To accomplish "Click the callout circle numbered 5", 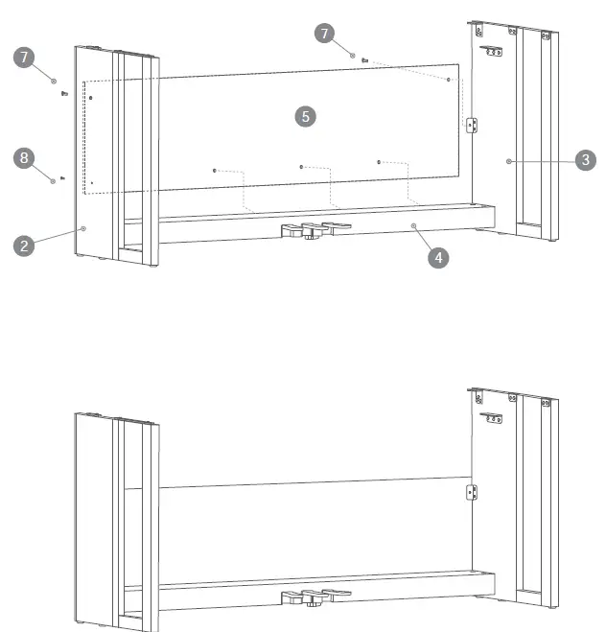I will point(304,116).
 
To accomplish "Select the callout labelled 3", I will point(584,160).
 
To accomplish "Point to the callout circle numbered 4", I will point(437,257).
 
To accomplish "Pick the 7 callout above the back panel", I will point(325,34).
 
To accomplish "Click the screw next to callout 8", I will point(62,177).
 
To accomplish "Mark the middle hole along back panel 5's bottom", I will point(301,167).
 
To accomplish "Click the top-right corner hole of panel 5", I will point(448,80).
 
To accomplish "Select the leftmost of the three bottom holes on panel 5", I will point(215,171).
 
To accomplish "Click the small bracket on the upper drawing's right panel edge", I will point(470,126).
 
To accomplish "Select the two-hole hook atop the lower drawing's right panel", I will point(494,415).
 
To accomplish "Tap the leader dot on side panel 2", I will point(84,228).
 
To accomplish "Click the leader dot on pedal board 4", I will point(414,224).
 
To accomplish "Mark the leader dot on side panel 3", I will point(510,161).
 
